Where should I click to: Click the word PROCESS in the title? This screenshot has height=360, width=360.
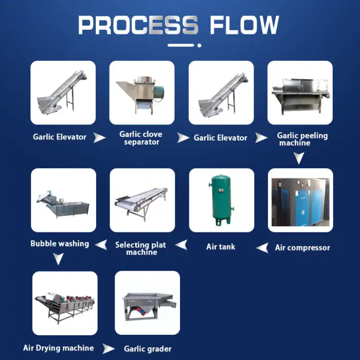138,25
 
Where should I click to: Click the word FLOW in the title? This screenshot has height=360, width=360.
244,25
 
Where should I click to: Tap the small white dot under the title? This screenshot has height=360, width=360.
200,45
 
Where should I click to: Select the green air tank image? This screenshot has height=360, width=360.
222,200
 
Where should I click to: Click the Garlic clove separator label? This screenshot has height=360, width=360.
141,138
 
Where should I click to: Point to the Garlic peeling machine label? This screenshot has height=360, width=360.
302,139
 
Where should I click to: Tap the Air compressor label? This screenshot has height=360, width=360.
302,247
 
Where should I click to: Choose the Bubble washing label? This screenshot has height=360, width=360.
60,244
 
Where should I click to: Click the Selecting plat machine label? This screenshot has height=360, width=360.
140,248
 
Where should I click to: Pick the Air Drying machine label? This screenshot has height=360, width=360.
59,348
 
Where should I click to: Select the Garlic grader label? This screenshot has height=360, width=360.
148,349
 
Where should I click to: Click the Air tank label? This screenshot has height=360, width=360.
221,247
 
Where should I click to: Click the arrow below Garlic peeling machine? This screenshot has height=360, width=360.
299,157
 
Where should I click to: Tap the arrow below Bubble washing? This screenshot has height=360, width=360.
58,259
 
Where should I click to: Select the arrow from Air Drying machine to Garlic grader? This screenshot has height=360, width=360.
108,349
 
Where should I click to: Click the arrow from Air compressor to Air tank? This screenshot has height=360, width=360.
262,248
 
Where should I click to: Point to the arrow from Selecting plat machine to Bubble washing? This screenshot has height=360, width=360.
101,245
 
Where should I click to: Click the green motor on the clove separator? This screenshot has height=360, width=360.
158,94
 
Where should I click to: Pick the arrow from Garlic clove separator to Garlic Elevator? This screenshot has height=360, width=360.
183,138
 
